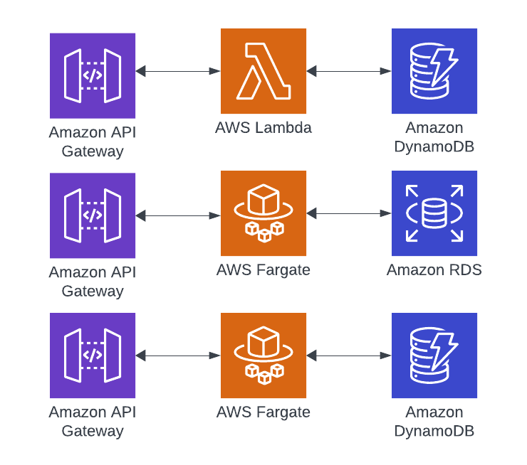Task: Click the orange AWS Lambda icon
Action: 263,71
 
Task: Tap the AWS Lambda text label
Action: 263,128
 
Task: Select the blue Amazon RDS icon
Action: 434,213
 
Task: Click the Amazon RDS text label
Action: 434,270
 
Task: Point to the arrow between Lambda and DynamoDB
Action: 349,71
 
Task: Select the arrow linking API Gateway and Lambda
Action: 178,71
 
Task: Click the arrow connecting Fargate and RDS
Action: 349,213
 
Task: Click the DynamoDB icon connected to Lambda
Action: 434,71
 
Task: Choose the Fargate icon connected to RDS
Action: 263,213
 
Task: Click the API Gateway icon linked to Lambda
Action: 93,75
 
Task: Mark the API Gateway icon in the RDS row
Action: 93,215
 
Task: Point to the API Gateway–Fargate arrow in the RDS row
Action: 178,215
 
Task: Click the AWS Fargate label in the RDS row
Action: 263,270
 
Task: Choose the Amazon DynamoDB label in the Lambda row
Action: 434,137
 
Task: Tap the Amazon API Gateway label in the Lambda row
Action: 93,141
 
